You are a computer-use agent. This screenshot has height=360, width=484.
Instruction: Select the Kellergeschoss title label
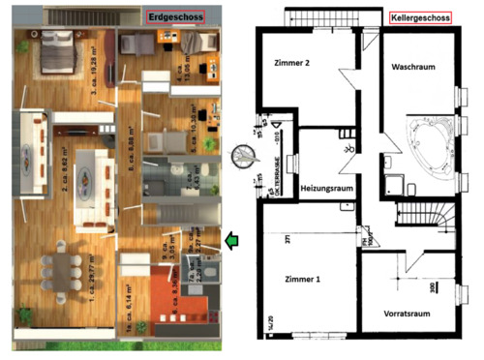pos(421,18)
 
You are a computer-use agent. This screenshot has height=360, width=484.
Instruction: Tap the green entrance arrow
pos(232,240)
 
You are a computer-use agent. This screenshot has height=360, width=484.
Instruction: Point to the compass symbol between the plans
pos(242,155)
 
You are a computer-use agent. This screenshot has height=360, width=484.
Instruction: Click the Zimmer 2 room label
pos(292,64)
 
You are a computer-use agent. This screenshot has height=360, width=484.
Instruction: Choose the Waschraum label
pos(411,69)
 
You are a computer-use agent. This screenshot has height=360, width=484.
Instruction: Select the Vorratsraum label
pos(406,314)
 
